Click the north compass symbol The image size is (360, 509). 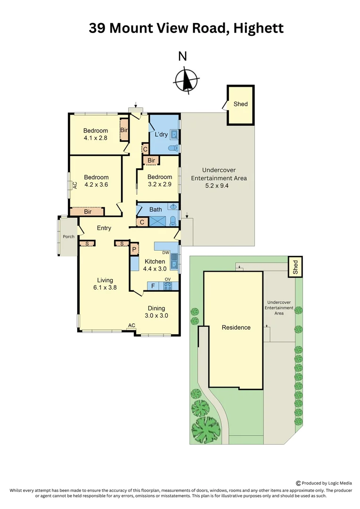[187, 80]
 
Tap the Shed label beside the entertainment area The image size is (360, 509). [240, 104]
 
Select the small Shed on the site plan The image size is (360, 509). [295, 267]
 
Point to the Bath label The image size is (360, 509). [155, 209]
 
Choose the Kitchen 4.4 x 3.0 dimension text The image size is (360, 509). [155, 269]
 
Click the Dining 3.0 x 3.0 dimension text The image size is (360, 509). [156, 316]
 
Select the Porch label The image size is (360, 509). [69, 237]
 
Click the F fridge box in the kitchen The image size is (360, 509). [153, 286]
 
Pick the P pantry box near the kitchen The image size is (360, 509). [134, 250]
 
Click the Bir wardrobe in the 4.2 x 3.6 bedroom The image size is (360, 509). [88, 212]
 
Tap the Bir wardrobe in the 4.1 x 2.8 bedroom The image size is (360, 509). [124, 130]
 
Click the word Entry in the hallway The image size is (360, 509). [104, 228]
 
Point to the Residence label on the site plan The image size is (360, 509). [236, 327]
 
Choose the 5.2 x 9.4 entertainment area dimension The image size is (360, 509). [218, 186]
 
